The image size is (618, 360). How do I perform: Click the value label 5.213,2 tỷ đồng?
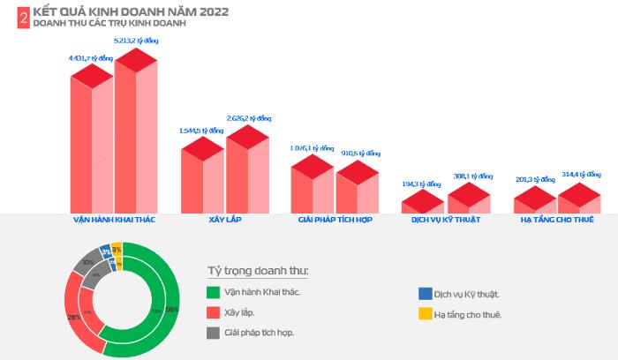click(136, 41)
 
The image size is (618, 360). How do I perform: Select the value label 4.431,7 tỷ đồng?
click(90, 58)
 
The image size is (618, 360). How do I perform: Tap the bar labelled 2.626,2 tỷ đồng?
click(247, 172)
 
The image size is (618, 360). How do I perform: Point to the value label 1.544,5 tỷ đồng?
click(200, 131)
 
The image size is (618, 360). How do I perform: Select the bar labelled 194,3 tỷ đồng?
click(423, 204)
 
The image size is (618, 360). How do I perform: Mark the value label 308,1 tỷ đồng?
click(470, 176)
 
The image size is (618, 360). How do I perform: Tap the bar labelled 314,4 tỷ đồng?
click(579, 199)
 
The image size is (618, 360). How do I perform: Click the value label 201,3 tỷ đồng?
click(534, 179)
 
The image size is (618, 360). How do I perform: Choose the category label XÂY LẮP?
click(224, 219)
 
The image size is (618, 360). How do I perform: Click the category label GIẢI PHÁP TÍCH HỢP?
click(335, 219)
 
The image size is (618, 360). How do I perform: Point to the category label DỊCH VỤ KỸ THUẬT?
click(446, 219)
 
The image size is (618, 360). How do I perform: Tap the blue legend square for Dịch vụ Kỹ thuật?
click(426, 293)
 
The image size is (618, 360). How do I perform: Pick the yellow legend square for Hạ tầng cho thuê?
click(426, 313)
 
